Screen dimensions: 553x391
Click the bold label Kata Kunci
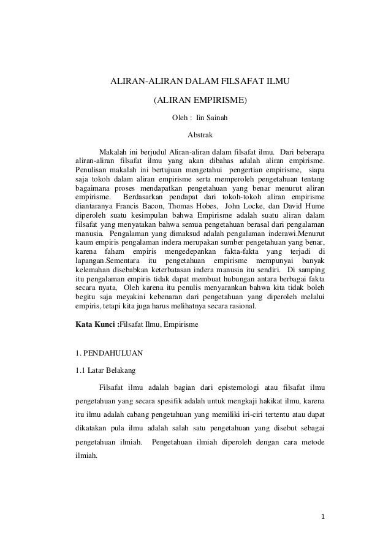94,322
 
